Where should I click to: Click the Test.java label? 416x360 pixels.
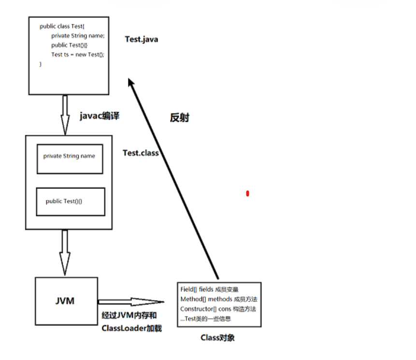(141, 39)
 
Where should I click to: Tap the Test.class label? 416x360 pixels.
(141, 153)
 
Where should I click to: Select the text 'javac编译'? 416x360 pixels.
(100, 116)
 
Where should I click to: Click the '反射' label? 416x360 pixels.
(179, 117)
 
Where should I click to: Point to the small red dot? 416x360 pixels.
(247, 194)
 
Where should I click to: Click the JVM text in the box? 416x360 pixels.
(65, 301)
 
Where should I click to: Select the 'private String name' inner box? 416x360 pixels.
(70, 159)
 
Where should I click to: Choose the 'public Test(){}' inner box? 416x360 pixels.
(71, 202)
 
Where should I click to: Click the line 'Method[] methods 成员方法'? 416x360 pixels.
(218, 299)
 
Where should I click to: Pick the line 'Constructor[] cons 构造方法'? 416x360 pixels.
(218, 309)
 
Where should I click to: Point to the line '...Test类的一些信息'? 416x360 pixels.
(205, 318)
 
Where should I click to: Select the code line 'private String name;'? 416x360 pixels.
(77, 36)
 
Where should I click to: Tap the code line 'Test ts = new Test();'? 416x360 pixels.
(77, 55)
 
